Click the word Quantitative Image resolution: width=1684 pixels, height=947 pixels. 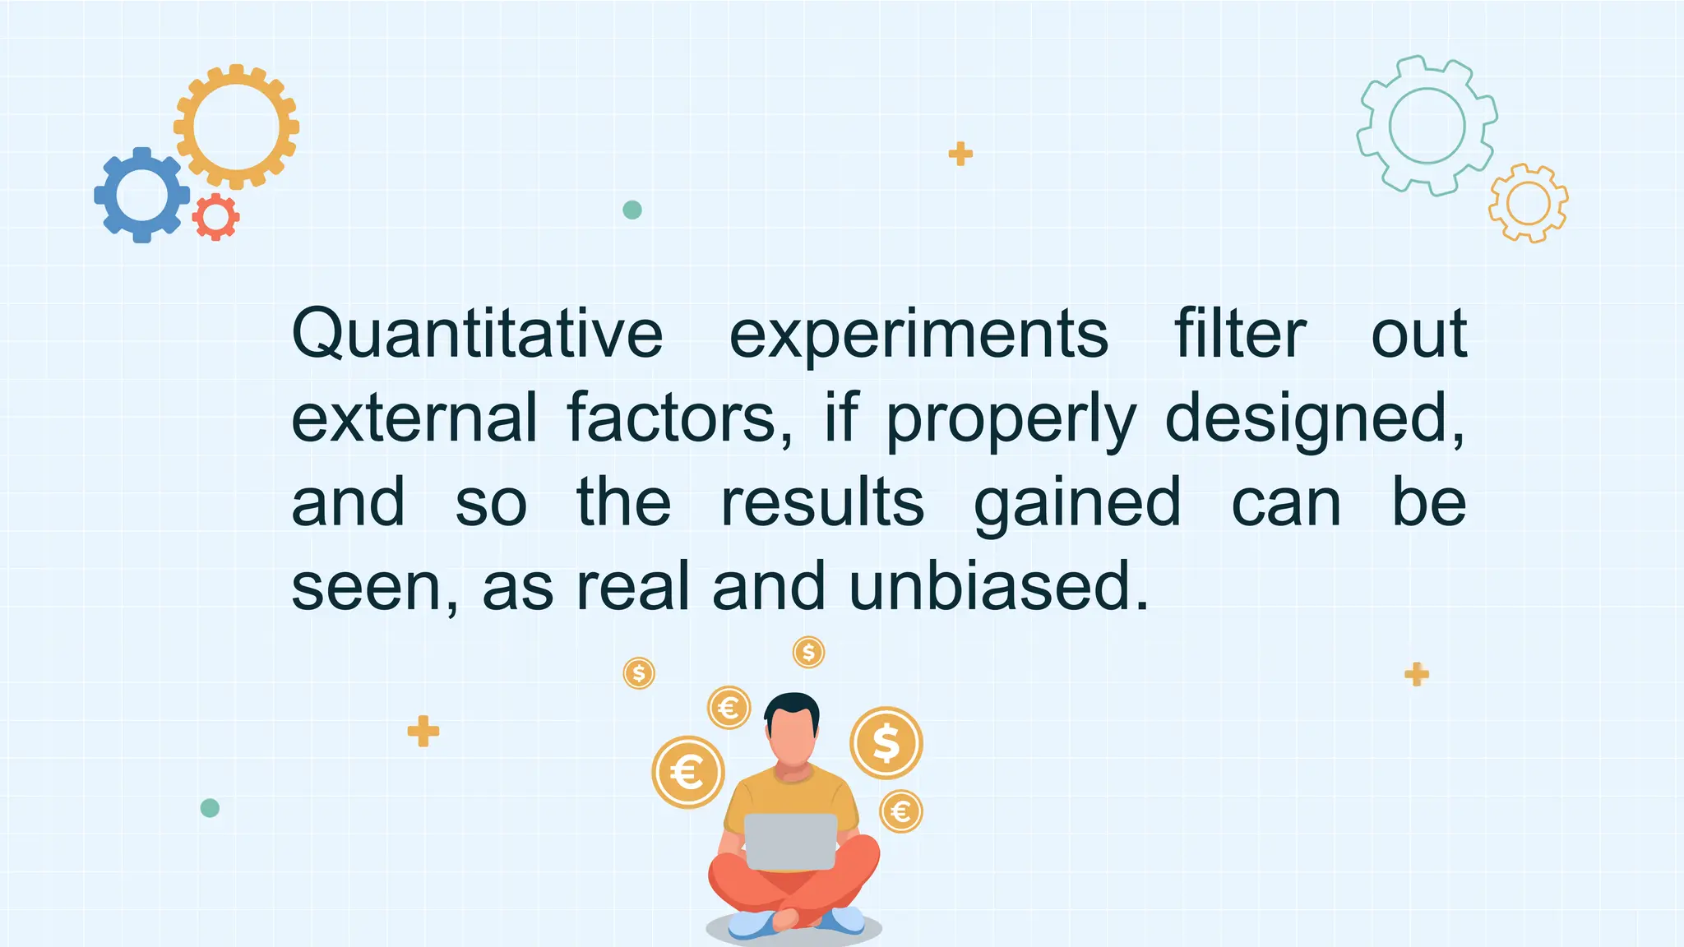(x=477, y=335)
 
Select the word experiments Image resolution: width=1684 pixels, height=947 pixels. (x=918, y=335)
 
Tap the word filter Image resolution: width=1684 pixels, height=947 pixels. (x=1239, y=335)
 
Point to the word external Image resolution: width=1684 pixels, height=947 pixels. (x=414, y=418)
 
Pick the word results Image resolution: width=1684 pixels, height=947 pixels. (x=822, y=502)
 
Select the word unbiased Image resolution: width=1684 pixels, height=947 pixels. (x=998, y=586)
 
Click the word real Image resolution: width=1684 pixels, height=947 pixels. (x=632, y=586)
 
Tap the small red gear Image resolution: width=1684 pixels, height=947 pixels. (x=215, y=217)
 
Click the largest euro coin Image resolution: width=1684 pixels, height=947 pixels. (x=688, y=772)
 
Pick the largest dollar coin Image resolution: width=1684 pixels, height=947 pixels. (x=886, y=742)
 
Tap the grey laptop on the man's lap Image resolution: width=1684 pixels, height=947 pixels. (x=790, y=841)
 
